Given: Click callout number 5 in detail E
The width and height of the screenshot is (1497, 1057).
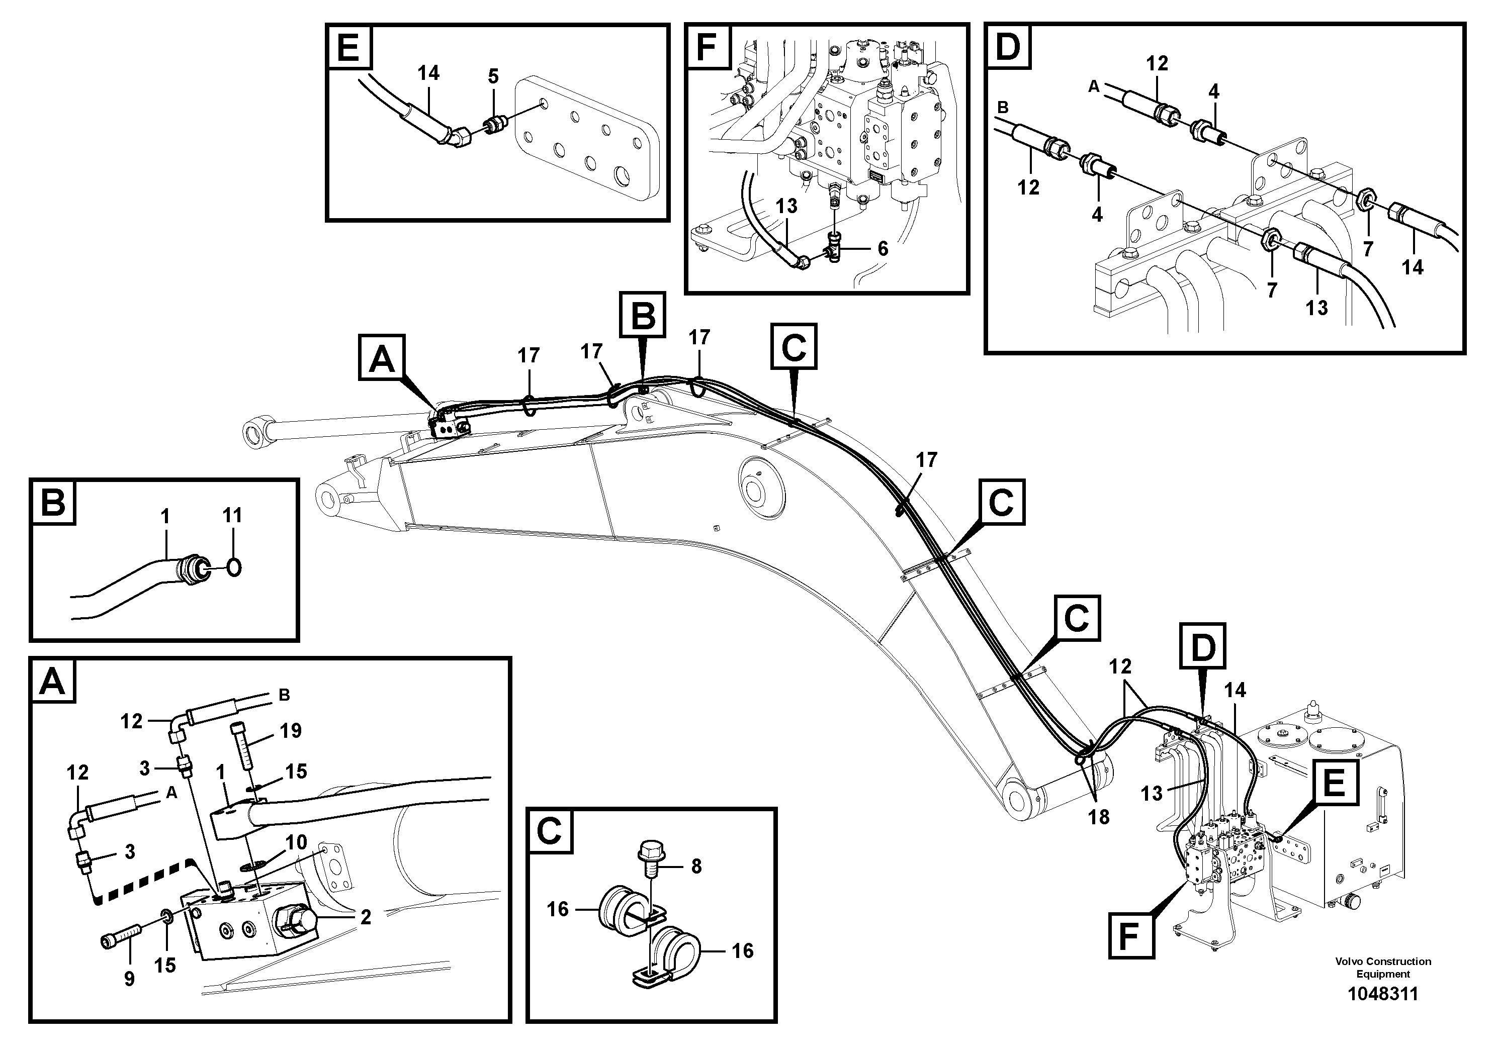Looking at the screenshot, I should [x=494, y=77].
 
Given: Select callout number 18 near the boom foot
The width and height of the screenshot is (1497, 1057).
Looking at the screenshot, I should [x=1099, y=817].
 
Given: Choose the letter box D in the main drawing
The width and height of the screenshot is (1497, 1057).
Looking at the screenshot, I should [x=1203, y=646].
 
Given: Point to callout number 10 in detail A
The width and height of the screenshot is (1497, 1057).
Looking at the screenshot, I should [x=296, y=842].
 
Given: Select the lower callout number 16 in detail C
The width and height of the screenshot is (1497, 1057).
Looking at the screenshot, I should [x=742, y=951].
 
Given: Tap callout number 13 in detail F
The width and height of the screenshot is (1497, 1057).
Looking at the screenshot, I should [x=786, y=206].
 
